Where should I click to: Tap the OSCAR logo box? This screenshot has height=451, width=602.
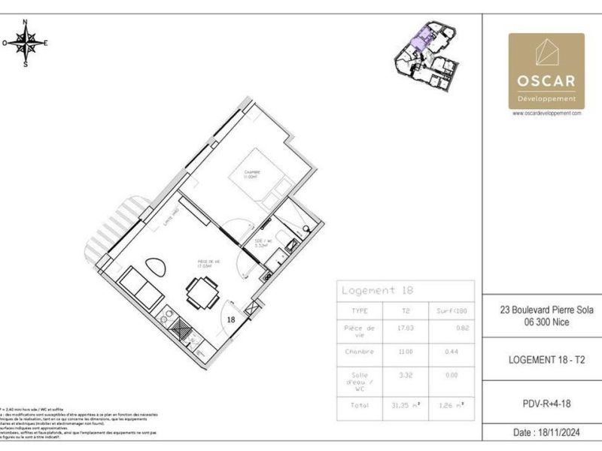click(546, 71)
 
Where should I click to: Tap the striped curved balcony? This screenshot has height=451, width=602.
click(110, 225)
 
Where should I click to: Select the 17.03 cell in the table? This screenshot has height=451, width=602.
click(407, 328)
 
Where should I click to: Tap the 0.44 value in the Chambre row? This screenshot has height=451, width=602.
click(454, 351)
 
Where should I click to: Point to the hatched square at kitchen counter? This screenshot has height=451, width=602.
click(183, 328)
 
